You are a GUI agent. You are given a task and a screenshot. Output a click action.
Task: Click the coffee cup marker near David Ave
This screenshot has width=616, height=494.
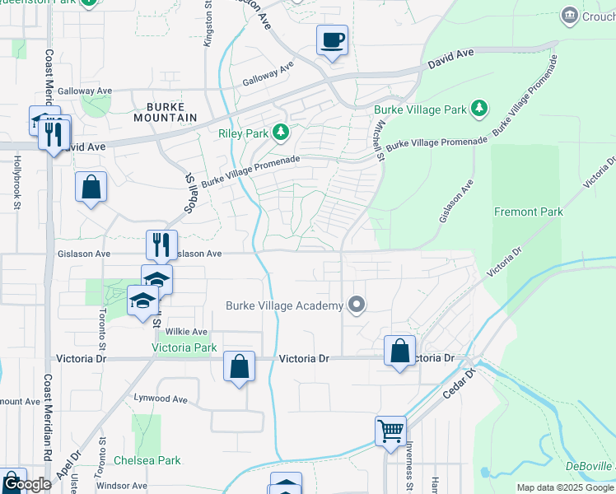click(332, 40)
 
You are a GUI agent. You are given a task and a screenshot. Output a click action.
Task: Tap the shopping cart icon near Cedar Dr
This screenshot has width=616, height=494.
click(390, 431)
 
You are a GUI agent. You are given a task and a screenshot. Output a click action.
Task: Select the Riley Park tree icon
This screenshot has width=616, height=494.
click(282, 132)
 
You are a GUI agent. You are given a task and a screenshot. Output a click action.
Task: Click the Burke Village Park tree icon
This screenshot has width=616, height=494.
click(478, 109)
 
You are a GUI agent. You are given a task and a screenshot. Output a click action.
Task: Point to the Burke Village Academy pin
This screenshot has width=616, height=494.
click(357, 305)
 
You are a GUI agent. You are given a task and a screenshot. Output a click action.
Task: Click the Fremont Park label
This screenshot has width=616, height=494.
click(529, 212)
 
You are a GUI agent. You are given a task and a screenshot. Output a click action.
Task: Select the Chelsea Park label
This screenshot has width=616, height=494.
click(147, 460)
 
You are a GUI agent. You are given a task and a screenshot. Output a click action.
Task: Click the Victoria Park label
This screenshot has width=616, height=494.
click(184, 347)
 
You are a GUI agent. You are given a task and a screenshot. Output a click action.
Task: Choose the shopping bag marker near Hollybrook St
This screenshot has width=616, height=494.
click(91, 187)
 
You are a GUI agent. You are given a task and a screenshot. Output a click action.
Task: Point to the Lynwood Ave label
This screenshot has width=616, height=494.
click(161, 398)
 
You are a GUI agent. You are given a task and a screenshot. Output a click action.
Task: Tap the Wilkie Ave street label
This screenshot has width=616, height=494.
click(184, 331)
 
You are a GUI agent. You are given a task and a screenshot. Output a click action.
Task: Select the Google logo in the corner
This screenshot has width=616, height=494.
click(27, 484)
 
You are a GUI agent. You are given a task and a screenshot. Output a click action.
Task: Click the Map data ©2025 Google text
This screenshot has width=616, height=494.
click(565, 487)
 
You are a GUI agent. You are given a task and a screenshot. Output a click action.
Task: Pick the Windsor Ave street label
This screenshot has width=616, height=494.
click(121, 486)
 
